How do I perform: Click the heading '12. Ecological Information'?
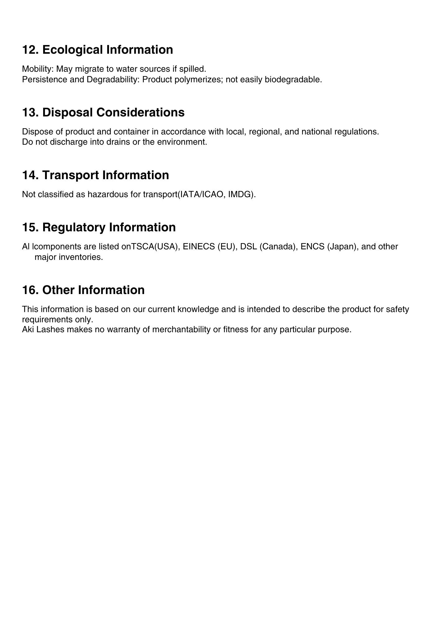tap(97, 50)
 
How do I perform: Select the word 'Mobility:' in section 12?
tap(38, 69)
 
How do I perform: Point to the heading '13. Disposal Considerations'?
tap(103, 112)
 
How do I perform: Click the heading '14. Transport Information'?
tap(95, 175)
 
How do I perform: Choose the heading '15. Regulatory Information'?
tap(99, 227)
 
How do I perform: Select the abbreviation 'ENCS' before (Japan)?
tap(312, 247)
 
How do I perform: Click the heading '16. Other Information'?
tap(83, 290)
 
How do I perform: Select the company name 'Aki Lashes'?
tap(43, 329)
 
